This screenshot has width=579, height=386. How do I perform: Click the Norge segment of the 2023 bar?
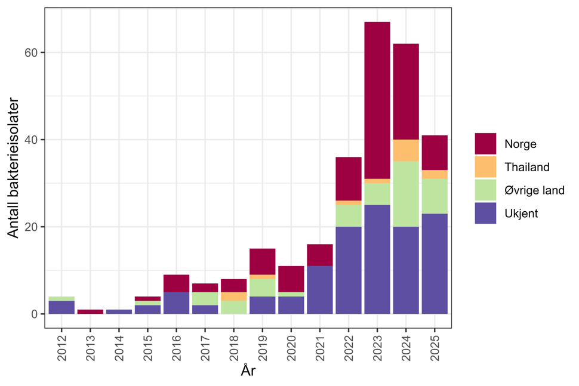(377, 100)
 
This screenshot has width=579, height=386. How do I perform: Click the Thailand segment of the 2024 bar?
(406, 150)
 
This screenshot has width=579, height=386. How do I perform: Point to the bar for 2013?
(90, 311)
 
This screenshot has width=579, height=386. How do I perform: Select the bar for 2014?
(119, 311)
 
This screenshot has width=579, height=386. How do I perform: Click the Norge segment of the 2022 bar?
(349, 178)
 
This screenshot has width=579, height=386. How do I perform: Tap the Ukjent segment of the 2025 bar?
(435, 264)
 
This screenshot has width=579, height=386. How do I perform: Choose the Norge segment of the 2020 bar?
(291, 279)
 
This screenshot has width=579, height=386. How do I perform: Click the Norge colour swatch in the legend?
(485, 144)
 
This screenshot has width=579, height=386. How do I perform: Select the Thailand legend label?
(526, 167)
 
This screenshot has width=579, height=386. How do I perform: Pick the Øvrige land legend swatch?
(485, 190)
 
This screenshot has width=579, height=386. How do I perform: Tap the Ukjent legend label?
(521, 213)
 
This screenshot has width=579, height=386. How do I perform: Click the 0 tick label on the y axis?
(35, 314)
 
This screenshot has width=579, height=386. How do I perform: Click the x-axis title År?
(248, 371)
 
